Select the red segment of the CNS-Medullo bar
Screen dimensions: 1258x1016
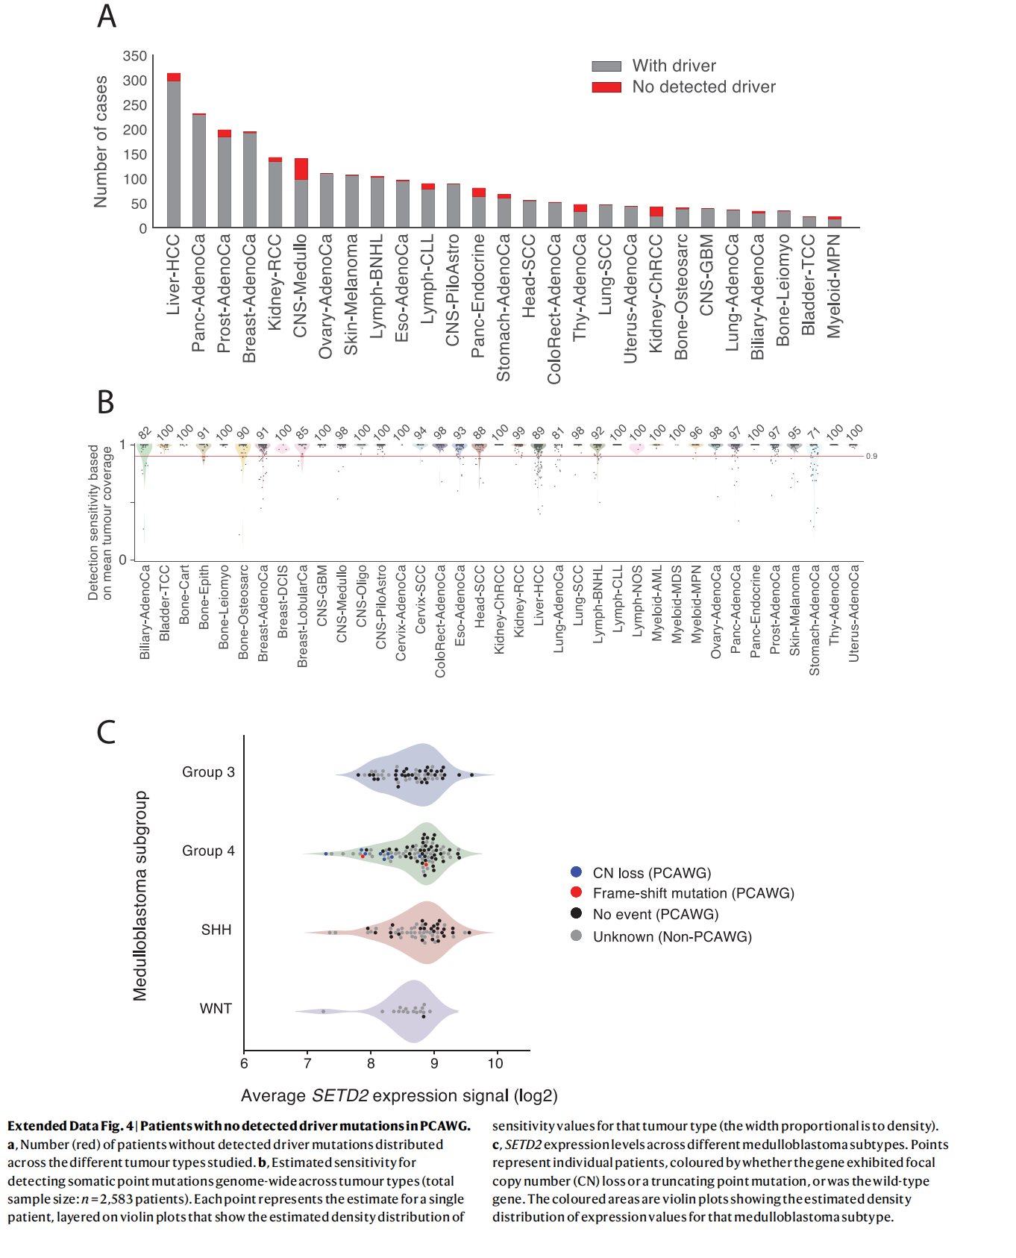(x=301, y=169)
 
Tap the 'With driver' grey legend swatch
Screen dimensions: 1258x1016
(x=606, y=66)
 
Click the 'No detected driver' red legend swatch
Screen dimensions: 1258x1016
(x=606, y=87)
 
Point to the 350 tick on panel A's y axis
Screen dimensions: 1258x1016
(x=135, y=56)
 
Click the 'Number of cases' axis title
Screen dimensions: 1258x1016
(x=101, y=142)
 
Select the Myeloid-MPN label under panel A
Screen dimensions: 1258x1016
(x=835, y=286)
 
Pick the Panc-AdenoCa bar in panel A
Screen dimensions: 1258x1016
(x=199, y=172)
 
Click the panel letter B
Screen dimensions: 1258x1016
(x=106, y=402)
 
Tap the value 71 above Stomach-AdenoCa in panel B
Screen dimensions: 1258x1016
(x=814, y=433)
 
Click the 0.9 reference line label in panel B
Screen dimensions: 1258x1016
(x=871, y=456)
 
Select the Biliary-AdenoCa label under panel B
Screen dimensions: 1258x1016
(x=145, y=612)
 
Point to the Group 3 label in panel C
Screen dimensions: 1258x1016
(x=208, y=772)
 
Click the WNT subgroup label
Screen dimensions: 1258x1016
(x=216, y=1009)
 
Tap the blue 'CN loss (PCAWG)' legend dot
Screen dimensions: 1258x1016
(x=576, y=872)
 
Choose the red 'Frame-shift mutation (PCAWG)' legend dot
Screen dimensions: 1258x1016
(x=576, y=892)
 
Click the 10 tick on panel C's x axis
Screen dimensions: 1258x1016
(x=495, y=1064)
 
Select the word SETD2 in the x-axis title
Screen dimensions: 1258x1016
(x=340, y=1096)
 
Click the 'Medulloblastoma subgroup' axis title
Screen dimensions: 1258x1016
(x=140, y=895)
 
